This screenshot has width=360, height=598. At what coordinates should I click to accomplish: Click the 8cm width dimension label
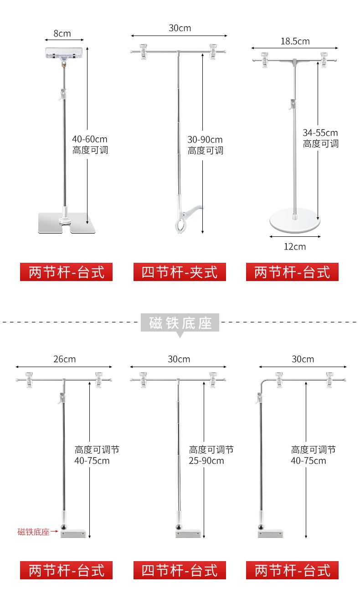tap(62, 33)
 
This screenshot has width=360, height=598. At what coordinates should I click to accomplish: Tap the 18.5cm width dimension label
tap(295, 41)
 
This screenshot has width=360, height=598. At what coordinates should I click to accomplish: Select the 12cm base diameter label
tap(294, 246)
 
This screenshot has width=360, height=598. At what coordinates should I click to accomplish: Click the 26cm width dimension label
tap(64, 359)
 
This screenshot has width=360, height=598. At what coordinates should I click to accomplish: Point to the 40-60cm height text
tap(90, 139)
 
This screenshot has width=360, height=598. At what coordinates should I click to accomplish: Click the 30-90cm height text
tap(205, 139)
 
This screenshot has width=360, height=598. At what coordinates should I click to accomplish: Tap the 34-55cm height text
tap(320, 133)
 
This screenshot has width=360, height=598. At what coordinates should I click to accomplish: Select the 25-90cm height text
tap(206, 460)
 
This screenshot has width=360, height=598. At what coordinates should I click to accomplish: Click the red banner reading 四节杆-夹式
tap(180, 272)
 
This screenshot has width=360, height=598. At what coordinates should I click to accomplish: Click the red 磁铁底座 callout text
tap(33, 532)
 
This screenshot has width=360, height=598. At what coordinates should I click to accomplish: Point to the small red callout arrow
tap(54, 531)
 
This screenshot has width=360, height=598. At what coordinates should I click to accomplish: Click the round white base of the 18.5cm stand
tap(295, 220)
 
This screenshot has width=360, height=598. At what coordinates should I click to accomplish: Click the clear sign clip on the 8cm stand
tap(65, 54)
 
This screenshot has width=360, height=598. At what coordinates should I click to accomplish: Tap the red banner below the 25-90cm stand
tap(180, 570)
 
